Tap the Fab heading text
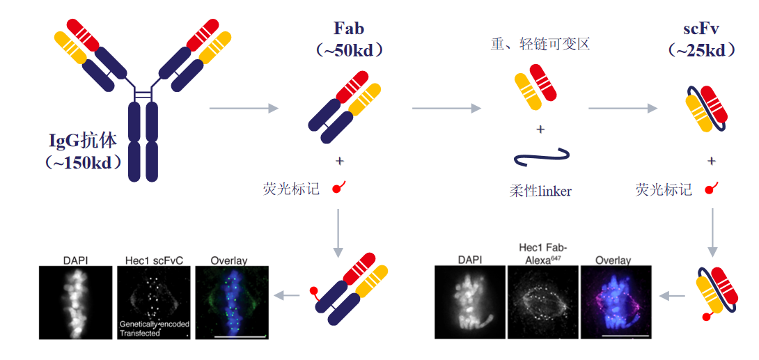pos(349,29)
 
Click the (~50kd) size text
pos(349,50)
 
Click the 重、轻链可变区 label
pos(540,45)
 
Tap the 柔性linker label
pos(540,190)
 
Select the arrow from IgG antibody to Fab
pos(244,108)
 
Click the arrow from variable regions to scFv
pos(623,108)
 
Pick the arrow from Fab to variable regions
pos(446,108)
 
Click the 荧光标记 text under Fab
pos(292,188)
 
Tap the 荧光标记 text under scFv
pos(664,189)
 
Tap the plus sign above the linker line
pos(540,130)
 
